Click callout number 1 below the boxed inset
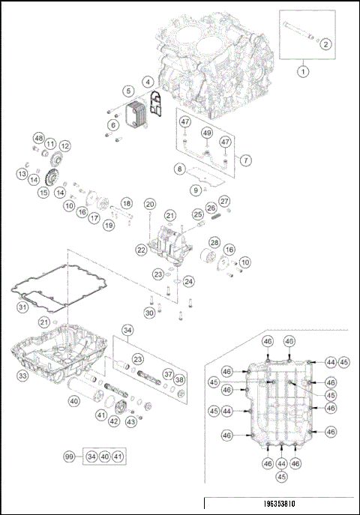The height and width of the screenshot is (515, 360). pyautogui.click(x=304, y=71)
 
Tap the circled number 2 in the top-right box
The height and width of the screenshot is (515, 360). pyautogui.click(x=325, y=44)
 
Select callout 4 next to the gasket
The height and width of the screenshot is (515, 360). pyautogui.click(x=148, y=81)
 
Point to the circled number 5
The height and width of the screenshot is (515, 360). pyautogui.click(x=129, y=91)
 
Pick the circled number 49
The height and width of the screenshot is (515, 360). pyautogui.click(x=206, y=133)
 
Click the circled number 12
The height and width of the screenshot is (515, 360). pyautogui.click(x=65, y=145)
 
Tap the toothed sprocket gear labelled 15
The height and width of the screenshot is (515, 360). pyautogui.click(x=52, y=181)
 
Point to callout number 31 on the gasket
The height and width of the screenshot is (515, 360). pyautogui.click(x=23, y=306)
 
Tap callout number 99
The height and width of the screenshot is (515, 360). pyautogui.click(x=70, y=455)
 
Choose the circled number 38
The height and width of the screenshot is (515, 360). pyautogui.click(x=179, y=380)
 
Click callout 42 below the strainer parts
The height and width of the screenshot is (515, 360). pyautogui.click(x=113, y=421)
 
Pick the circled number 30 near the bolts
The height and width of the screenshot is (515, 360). pyautogui.click(x=149, y=312)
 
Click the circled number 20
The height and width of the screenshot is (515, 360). pyautogui.click(x=150, y=204)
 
